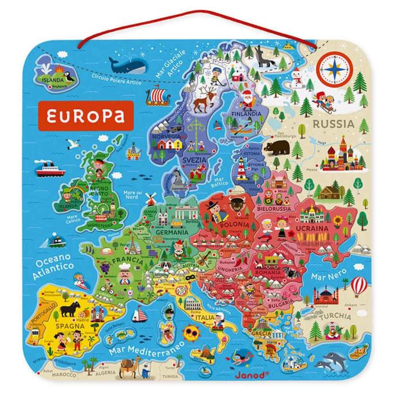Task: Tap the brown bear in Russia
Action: pos(276,148)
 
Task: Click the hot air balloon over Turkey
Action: pos(359,285)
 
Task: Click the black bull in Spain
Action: pos(71,308)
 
